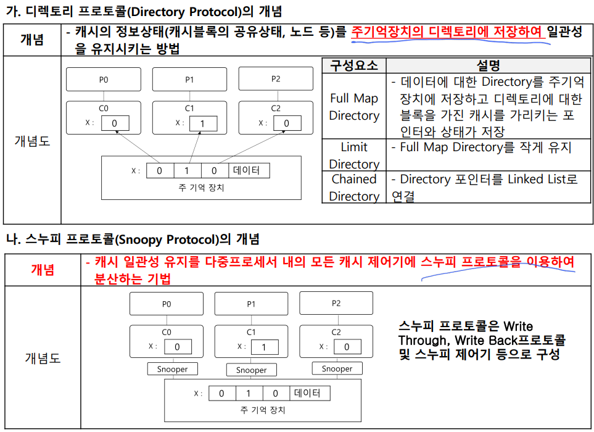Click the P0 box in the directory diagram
103,80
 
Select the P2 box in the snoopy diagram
336,303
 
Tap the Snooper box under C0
167,370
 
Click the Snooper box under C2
337,369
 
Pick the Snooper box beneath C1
251,370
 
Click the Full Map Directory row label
353,107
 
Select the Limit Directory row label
353,156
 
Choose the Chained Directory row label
353,188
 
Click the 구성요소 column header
353,65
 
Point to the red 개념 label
43,269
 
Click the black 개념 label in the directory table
31,39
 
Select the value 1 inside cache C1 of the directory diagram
203,123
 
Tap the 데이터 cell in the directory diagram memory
247,170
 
